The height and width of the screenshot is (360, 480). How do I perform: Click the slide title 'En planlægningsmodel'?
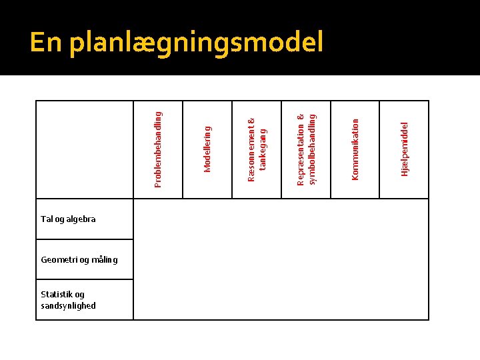click(x=177, y=43)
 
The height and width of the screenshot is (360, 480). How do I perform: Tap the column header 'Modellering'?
click(x=207, y=149)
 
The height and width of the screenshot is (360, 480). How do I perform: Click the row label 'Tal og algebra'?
click(x=68, y=219)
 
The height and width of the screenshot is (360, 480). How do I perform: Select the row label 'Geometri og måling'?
click(x=79, y=259)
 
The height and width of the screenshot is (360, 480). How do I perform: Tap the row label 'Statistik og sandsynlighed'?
click(x=68, y=300)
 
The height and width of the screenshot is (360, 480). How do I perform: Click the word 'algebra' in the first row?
click(x=81, y=219)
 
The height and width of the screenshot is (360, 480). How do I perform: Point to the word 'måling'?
click(x=105, y=259)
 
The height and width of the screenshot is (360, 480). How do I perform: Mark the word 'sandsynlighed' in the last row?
click(x=68, y=306)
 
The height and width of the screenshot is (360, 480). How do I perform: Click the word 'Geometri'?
click(x=59, y=259)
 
